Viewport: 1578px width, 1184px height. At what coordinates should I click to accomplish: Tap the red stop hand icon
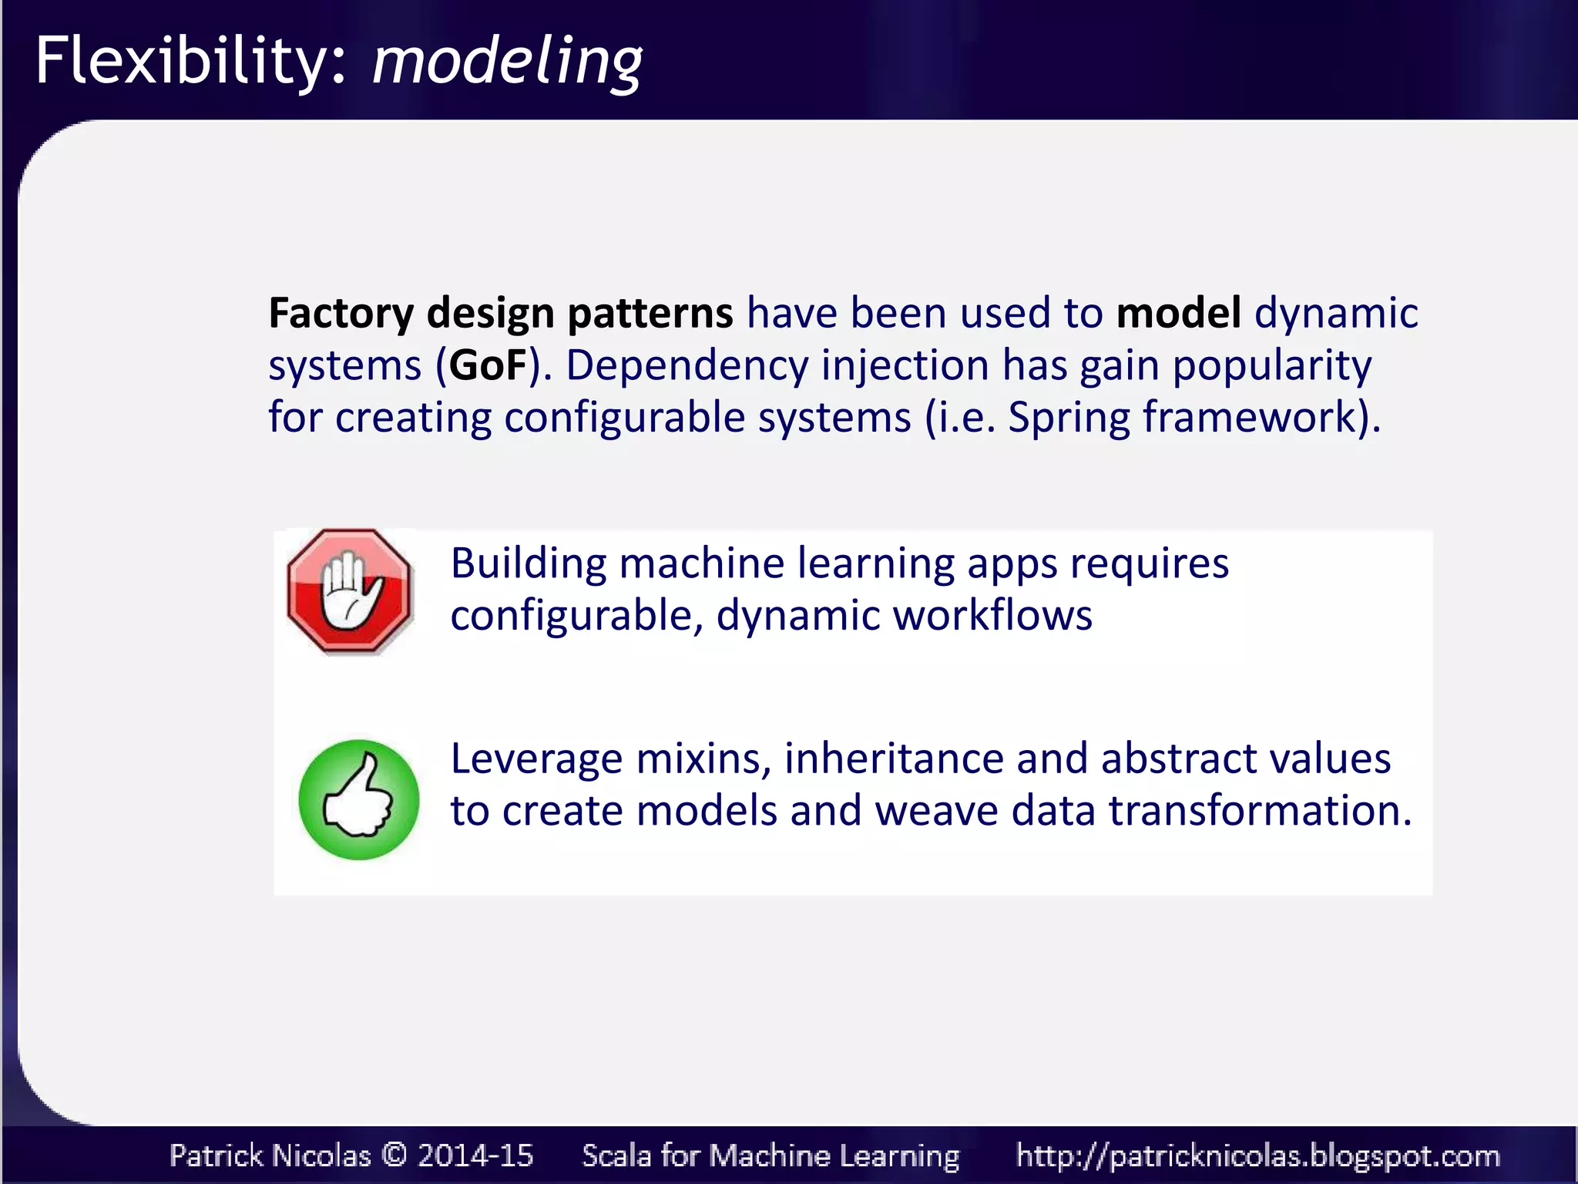click(350, 591)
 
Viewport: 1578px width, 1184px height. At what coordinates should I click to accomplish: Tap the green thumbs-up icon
click(358, 799)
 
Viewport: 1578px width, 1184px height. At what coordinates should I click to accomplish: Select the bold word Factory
click(341, 314)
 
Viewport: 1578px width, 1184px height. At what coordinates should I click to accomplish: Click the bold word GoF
click(489, 365)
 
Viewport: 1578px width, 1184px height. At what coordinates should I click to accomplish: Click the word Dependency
click(687, 365)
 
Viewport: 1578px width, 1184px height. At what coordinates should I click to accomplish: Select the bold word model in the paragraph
click(1178, 314)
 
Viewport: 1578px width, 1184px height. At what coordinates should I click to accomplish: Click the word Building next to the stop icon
click(529, 563)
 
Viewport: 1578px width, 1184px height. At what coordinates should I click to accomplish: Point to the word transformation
click(1260, 812)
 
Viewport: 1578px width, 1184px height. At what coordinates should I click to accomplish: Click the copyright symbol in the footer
click(394, 1155)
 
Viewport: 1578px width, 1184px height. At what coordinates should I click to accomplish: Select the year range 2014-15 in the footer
click(475, 1155)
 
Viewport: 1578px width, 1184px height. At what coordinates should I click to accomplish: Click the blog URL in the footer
click(1257, 1155)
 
